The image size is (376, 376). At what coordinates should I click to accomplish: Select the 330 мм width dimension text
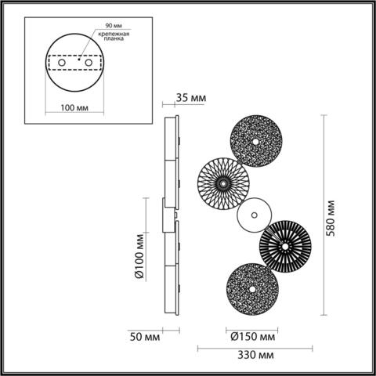(x=256, y=356)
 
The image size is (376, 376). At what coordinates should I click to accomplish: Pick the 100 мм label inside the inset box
(x=74, y=107)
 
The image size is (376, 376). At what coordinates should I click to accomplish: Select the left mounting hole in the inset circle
(x=61, y=63)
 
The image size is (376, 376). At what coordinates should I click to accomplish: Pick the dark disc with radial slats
(x=286, y=246)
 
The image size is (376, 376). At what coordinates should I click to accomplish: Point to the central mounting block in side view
(x=167, y=215)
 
